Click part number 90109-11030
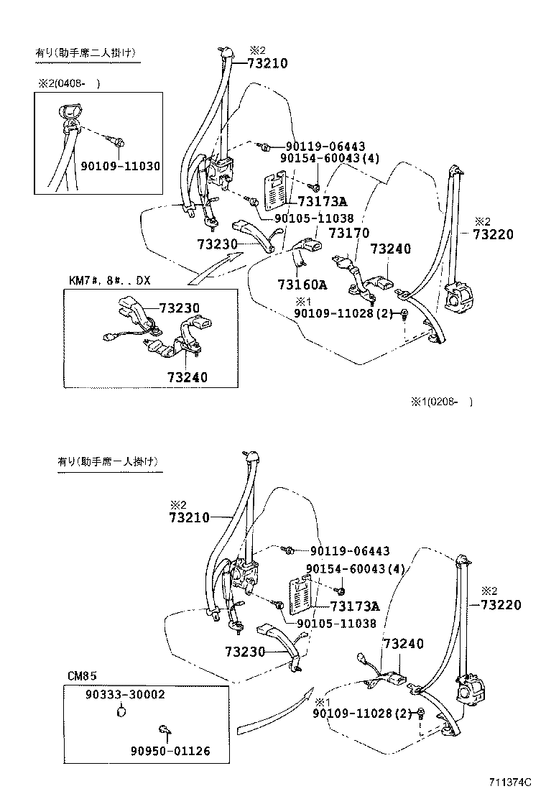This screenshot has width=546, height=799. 120,166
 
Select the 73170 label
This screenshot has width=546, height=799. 348,234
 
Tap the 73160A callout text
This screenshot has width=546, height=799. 302,284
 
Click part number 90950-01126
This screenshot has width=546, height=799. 170,751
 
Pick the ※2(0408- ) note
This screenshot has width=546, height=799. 69,83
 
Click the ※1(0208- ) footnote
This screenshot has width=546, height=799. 442,402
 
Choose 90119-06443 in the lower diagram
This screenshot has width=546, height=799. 350,551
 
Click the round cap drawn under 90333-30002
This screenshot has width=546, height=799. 122,712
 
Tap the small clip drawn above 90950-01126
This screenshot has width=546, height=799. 165,731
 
